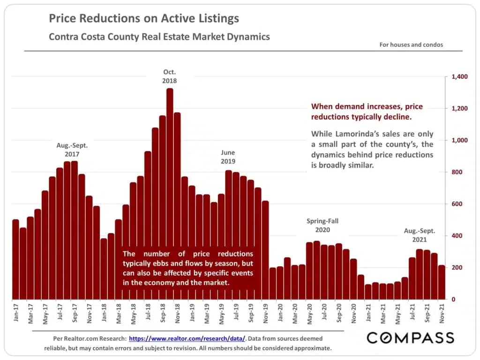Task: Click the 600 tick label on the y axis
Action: coord(456,204)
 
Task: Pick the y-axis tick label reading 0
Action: coord(452,299)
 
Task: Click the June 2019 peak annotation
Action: coord(228,157)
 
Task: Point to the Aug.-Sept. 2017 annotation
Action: coord(72,150)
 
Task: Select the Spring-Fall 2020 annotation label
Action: coord(322,225)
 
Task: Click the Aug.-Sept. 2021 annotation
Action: coord(420,235)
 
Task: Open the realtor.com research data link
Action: coord(187,338)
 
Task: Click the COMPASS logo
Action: coord(410,337)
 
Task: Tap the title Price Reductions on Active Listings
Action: coord(144,19)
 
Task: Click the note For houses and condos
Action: coord(411,45)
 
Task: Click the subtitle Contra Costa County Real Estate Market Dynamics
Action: coord(159,37)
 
